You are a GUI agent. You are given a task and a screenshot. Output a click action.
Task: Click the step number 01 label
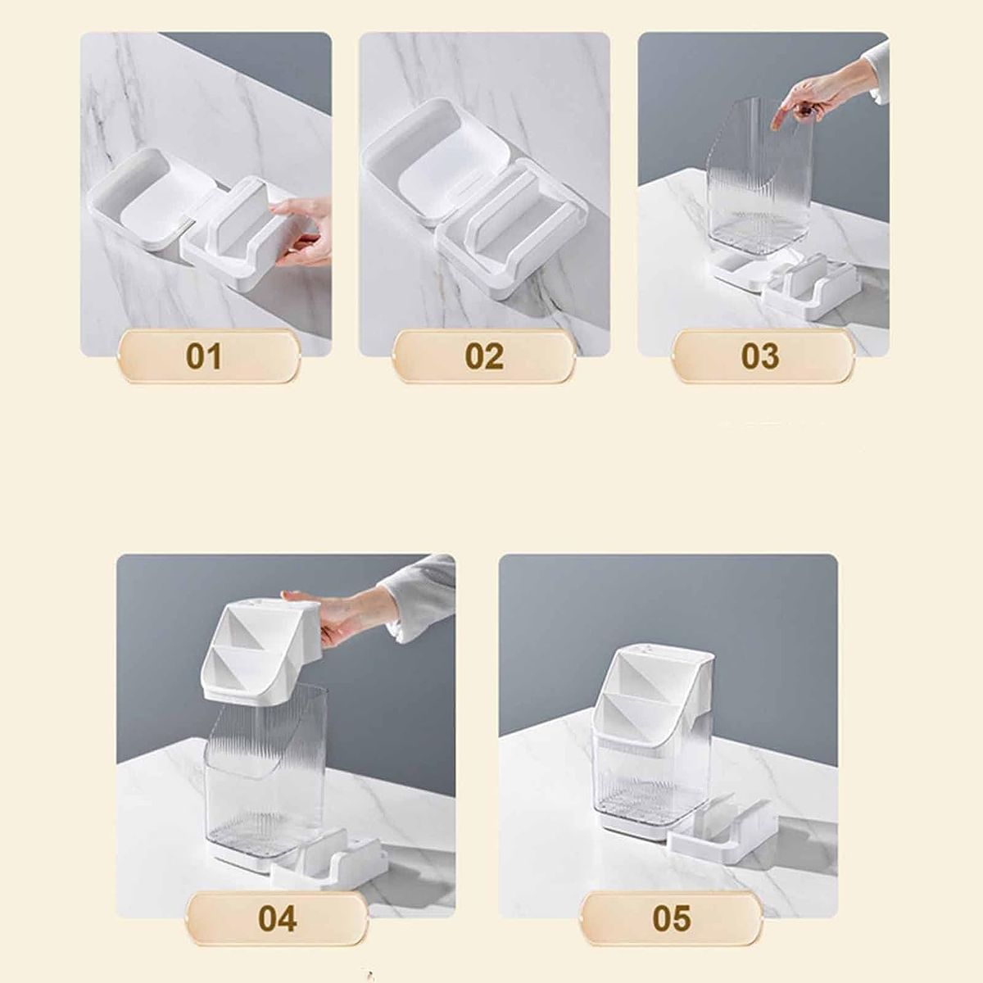coord(204,356)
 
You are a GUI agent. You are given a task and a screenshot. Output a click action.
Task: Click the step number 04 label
coord(277,919)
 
